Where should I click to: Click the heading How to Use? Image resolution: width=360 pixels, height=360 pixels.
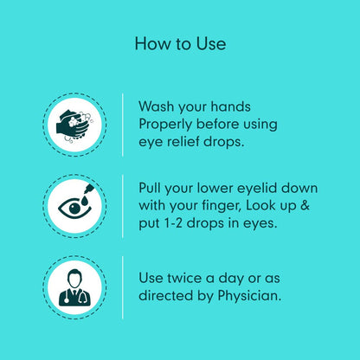click(180, 44)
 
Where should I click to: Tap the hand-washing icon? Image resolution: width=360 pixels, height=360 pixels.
click(74, 125)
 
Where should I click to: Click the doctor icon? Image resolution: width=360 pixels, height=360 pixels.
click(74, 287)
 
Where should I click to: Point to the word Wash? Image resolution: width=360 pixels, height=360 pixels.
click(156, 106)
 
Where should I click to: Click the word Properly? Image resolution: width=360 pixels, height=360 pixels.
click(165, 125)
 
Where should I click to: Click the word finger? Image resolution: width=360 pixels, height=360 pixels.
click(222, 207)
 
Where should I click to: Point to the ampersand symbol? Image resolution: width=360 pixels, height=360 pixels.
click(305, 206)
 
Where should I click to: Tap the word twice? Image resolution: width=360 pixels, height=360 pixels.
click(183, 279)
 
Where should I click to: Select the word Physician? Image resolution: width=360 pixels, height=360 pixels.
click(249, 296)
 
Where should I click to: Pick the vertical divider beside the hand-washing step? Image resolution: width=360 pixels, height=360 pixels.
click(123, 125)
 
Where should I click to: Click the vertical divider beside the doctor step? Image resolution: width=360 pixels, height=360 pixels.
click(123, 287)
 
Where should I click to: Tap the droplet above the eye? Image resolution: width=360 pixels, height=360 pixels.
click(84, 201)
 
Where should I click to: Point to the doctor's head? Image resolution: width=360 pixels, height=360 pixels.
click(74, 278)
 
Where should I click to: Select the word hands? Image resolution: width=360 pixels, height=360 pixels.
click(230, 106)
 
